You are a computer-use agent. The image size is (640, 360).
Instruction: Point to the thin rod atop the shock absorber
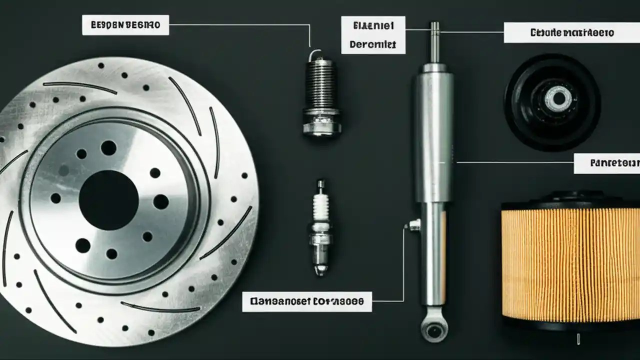pos(435,42)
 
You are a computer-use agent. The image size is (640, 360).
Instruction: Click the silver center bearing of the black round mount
pos(557,98)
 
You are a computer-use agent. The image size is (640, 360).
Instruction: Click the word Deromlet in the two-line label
pos(373,44)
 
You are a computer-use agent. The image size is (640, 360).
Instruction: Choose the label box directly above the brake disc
pos(125,25)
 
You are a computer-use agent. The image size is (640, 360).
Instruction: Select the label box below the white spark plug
pos(307,301)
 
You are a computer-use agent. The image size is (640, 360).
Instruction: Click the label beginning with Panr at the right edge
pos(606,163)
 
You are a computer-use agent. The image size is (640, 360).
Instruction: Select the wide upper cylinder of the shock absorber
pos(433,135)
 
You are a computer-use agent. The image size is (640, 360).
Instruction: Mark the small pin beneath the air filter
pos(578,339)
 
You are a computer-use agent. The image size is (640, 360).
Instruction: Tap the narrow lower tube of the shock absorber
pos(433,255)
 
